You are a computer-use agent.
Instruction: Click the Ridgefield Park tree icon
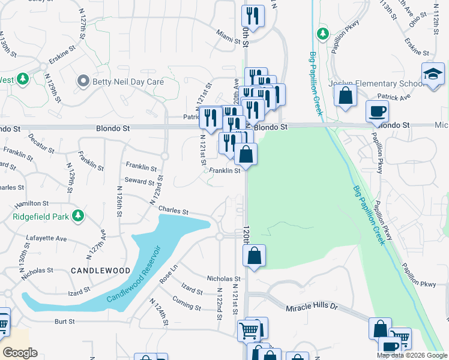(x=77, y=215)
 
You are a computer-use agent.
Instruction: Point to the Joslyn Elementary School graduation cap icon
(x=433, y=74)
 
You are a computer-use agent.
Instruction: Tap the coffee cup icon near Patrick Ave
(x=377, y=111)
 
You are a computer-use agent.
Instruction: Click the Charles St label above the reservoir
(x=173, y=211)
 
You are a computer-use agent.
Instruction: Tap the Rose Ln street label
(x=169, y=274)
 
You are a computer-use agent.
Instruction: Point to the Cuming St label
(x=186, y=303)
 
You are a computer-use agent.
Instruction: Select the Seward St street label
(x=139, y=180)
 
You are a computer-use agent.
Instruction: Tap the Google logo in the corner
(x=20, y=353)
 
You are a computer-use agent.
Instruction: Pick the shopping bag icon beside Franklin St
(x=246, y=154)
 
